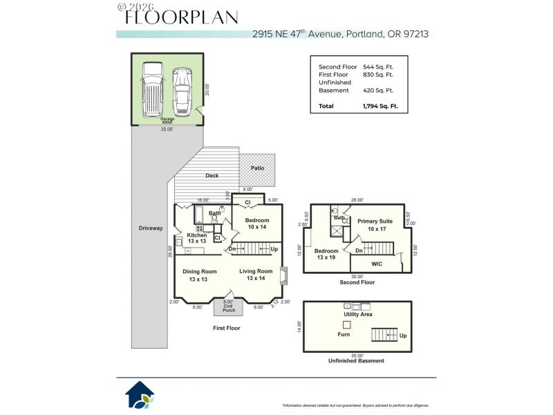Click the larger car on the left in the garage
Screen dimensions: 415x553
click(151, 91)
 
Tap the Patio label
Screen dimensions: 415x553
click(257, 168)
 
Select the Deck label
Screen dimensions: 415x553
click(212, 176)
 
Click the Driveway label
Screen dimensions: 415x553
click(150, 228)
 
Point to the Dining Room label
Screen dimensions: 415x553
click(199, 272)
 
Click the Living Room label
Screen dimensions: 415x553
click(256, 272)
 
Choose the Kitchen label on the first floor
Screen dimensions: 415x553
click(196, 236)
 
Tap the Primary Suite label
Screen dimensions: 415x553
click(375, 221)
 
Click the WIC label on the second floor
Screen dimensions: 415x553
click(377, 264)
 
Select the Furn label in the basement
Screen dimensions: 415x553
click(344, 334)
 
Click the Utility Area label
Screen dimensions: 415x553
click(358, 314)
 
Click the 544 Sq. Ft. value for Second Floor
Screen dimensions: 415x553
click(377, 66)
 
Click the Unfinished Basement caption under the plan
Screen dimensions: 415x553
click(356, 360)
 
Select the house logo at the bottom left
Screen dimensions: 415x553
click(139, 395)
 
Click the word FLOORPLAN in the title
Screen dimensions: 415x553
click(181, 17)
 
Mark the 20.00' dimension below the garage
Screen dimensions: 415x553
click(167, 129)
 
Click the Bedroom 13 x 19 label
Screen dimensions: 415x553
click(327, 254)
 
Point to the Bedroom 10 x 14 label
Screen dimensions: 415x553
click(257, 223)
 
